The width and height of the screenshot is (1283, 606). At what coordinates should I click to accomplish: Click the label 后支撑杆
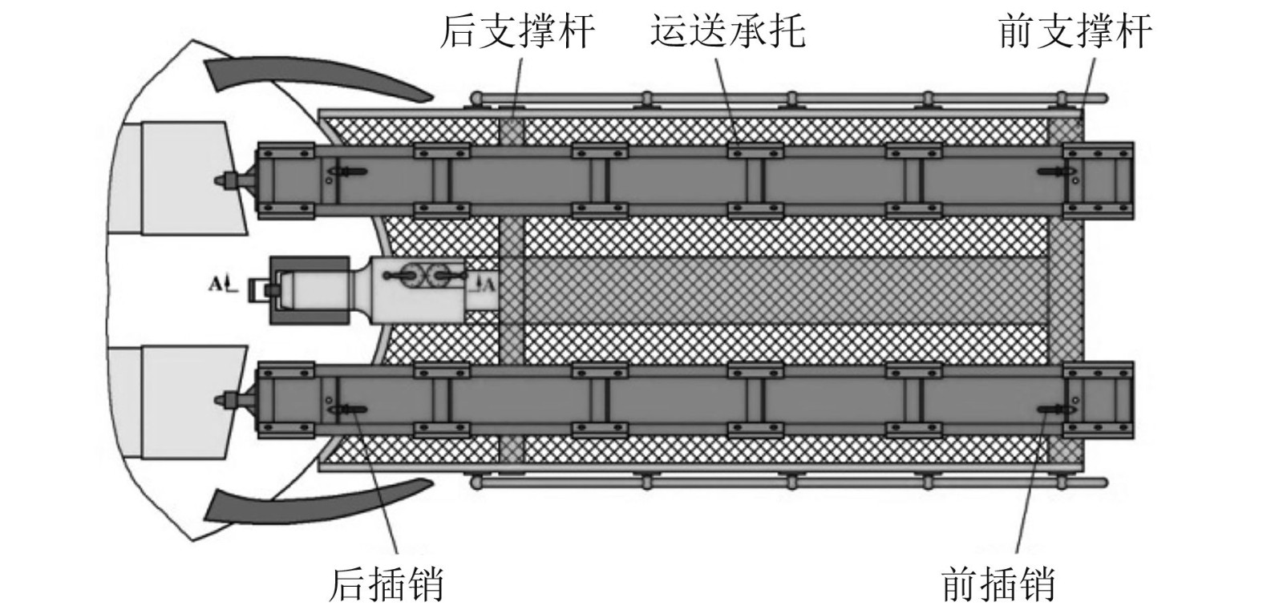click(517, 32)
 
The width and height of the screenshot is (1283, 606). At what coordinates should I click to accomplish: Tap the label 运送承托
click(727, 32)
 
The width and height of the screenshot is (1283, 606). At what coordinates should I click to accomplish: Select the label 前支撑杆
click(1075, 32)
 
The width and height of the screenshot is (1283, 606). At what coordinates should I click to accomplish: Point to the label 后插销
click(387, 583)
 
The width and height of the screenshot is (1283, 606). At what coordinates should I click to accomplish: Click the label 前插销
click(998, 583)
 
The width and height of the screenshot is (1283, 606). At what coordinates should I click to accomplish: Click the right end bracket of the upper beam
click(1098, 180)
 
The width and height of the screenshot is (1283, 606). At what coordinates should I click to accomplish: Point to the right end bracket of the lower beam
click(1098, 398)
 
